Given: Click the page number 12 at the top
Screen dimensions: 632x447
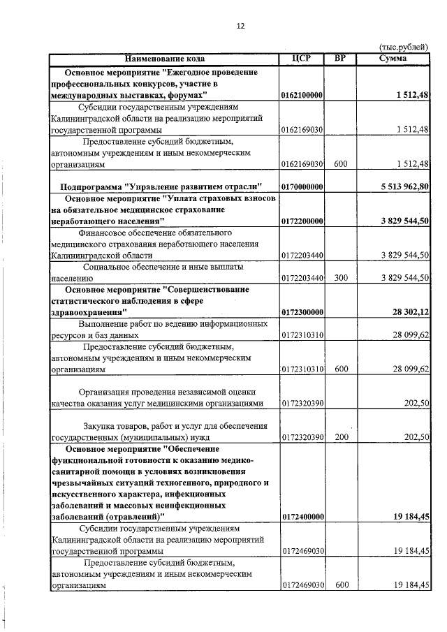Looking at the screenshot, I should tap(241, 26).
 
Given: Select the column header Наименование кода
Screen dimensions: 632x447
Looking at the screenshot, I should tap(166, 59).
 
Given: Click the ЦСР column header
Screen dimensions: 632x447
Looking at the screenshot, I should tap(302, 59).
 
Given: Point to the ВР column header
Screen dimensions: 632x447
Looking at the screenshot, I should tap(341, 59).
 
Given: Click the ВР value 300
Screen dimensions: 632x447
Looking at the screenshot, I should tap(341, 278).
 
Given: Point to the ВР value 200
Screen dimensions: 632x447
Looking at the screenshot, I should tap(341, 437).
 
